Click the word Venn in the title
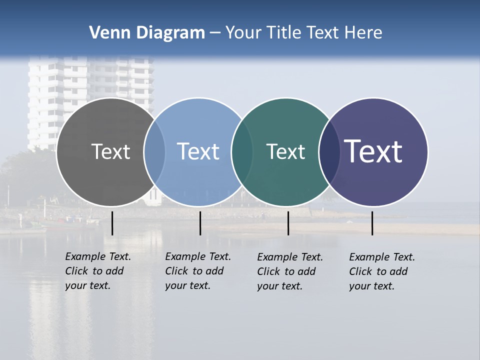coord(106,33)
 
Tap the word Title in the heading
coord(282,33)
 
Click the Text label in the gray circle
coord(110,151)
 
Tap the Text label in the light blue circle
coord(198,151)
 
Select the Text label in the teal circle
coord(285,151)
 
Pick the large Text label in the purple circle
coord(373,151)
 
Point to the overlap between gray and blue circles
coord(154,152)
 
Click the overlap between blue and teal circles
coord(242,152)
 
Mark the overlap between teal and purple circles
coord(329,152)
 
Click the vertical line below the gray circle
coord(112,223)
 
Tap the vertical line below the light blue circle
coord(200,223)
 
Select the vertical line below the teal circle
coord(288,223)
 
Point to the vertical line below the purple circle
coord(372,223)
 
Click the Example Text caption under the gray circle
coord(97,271)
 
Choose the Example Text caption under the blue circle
coord(197,271)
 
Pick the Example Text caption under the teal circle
coord(289,271)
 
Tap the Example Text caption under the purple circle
coord(381,271)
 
